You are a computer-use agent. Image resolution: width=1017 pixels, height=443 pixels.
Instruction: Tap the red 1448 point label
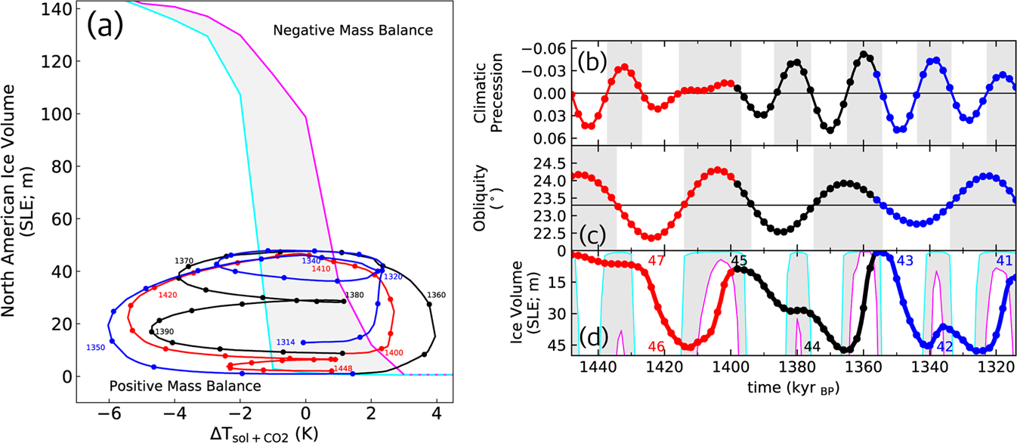342,369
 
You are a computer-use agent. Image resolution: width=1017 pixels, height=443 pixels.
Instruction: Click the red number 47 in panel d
657,262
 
